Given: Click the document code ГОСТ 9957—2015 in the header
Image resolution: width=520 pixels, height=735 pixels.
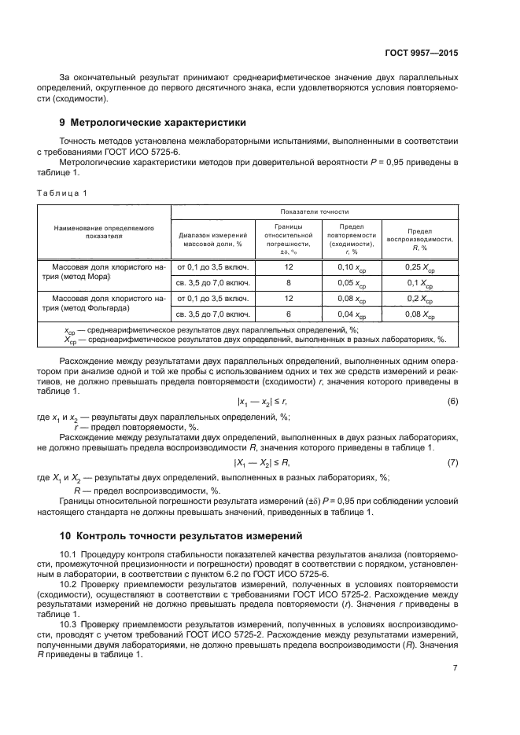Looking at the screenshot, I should [x=422, y=52].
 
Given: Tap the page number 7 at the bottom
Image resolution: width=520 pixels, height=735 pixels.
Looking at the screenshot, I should [x=455, y=668].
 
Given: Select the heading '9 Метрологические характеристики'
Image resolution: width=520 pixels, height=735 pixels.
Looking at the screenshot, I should [x=153, y=123].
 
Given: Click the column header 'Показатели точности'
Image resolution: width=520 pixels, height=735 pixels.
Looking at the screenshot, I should [x=315, y=211].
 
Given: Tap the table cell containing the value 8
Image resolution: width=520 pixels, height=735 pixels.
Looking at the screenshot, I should [x=289, y=282].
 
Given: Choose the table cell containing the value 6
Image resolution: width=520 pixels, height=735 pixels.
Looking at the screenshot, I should [x=289, y=315].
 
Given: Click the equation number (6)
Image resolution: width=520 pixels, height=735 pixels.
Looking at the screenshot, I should [x=452, y=401].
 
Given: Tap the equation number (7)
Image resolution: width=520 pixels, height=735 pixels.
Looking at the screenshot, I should [x=452, y=462].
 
